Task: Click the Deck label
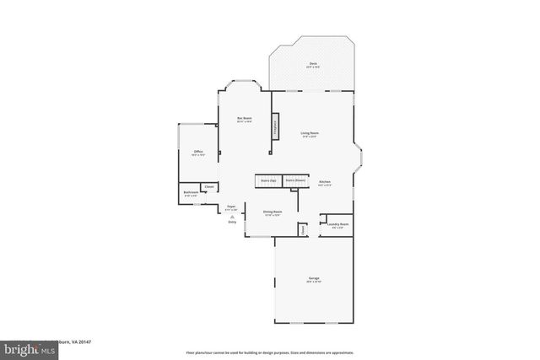(313, 64)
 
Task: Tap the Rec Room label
(245, 119)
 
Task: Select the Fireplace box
(274, 126)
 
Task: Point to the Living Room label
(310, 132)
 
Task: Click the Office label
(197, 153)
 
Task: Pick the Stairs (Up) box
(268, 180)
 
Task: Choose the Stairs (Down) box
(294, 180)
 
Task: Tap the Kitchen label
(324, 182)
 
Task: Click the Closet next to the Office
(209, 186)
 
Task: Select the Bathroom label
(191, 193)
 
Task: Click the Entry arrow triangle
(233, 218)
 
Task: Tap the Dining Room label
(272, 212)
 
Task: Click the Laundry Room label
(338, 225)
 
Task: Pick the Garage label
(313, 279)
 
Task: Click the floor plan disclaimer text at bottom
(269, 352)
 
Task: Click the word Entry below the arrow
(233, 223)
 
